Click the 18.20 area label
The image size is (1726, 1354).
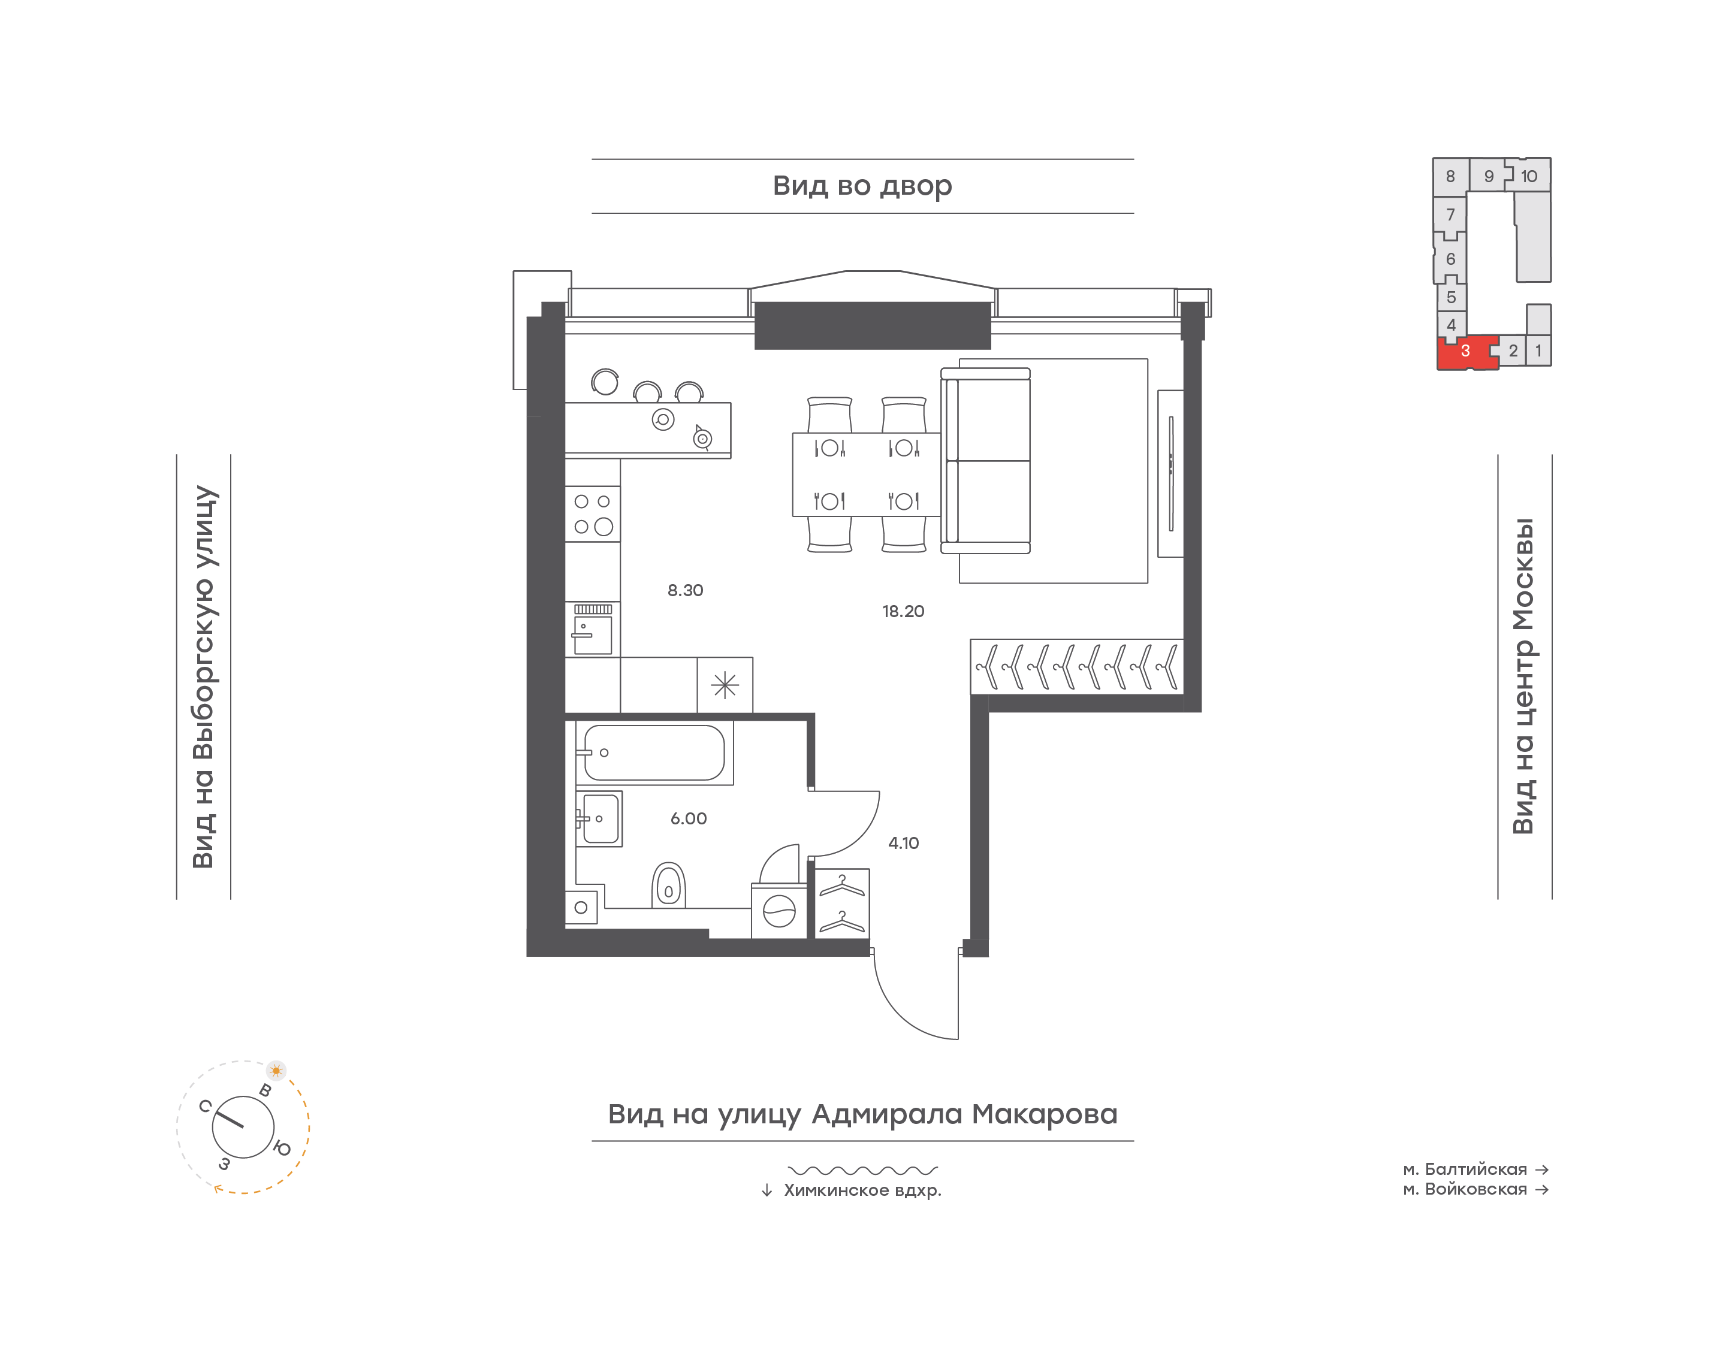903,611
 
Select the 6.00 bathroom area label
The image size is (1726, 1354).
688,819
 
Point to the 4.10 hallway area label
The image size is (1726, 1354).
903,844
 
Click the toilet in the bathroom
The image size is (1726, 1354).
668,885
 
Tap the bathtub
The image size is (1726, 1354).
654,752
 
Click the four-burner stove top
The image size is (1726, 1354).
592,513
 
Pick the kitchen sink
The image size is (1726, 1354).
592,630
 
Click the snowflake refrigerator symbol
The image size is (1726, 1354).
725,685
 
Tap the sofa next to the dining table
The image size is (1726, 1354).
985,461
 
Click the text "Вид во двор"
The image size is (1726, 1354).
862,186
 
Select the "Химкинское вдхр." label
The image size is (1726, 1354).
862,1190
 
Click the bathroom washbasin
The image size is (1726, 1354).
599,819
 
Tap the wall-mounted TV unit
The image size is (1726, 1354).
1170,473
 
